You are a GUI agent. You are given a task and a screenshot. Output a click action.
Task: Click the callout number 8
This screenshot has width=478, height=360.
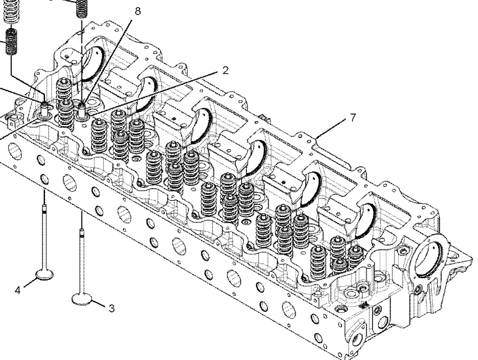(x=137, y=12)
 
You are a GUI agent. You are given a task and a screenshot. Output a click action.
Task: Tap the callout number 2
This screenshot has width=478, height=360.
(x=225, y=71)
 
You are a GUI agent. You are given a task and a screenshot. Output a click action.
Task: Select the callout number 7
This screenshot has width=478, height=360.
(x=353, y=117)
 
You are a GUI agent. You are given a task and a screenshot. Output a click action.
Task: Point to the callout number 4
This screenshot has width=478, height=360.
(x=18, y=290)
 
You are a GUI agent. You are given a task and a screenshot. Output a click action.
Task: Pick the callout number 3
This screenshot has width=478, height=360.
(x=112, y=308)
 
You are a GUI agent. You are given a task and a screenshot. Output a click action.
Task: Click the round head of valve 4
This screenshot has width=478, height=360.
(x=45, y=274)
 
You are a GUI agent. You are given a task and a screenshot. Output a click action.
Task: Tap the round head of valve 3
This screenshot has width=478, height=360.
(x=82, y=299)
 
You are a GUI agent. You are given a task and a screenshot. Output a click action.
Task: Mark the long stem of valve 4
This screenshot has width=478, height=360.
(x=45, y=237)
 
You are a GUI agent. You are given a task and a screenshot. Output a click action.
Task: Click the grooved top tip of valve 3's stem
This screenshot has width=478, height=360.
(x=82, y=232)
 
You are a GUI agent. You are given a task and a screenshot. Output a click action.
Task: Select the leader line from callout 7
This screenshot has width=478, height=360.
(x=331, y=128)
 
